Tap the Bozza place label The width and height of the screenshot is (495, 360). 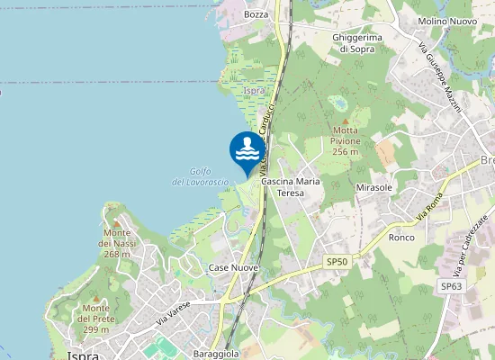point(256,14)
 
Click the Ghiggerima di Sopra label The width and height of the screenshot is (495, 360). point(357,42)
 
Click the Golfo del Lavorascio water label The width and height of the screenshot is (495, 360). point(200,176)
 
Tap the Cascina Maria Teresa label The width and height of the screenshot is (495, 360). point(291,187)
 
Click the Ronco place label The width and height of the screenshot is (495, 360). point(400,238)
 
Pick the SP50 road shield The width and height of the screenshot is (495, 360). point(337,261)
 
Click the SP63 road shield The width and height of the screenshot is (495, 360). point(451,286)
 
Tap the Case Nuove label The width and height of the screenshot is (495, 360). point(233,268)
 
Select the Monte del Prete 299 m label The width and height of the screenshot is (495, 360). point(95,319)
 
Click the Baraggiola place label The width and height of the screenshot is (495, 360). point(216,354)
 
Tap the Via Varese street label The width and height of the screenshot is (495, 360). point(175,314)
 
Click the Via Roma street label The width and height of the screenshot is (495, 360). point(432,211)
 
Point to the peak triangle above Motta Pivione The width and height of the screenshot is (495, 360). point(345,120)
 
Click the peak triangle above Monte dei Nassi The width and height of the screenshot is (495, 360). point(116,221)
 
